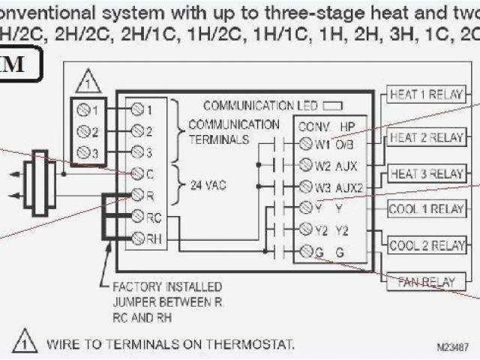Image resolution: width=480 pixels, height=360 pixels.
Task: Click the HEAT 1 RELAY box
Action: click(x=426, y=95)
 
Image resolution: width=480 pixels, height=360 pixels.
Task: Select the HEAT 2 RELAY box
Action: click(x=426, y=138)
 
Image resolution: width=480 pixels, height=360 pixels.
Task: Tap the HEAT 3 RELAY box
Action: click(x=426, y=174)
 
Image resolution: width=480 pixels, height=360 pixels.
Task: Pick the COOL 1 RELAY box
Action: click(x=426, y=209)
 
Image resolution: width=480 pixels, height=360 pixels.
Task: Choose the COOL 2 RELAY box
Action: click(x=426, y=245)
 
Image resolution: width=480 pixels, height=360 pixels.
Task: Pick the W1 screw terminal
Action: click(x=305, y=142)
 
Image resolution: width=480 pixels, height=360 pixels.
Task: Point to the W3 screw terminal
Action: click(x=305, y=185)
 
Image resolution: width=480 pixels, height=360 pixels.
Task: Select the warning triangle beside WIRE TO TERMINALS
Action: click(x=25, y=341)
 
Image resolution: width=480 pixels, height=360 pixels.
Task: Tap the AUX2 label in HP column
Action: click(x=348, y=186)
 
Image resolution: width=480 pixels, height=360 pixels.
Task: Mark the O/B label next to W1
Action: click(x=345, y=143)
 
